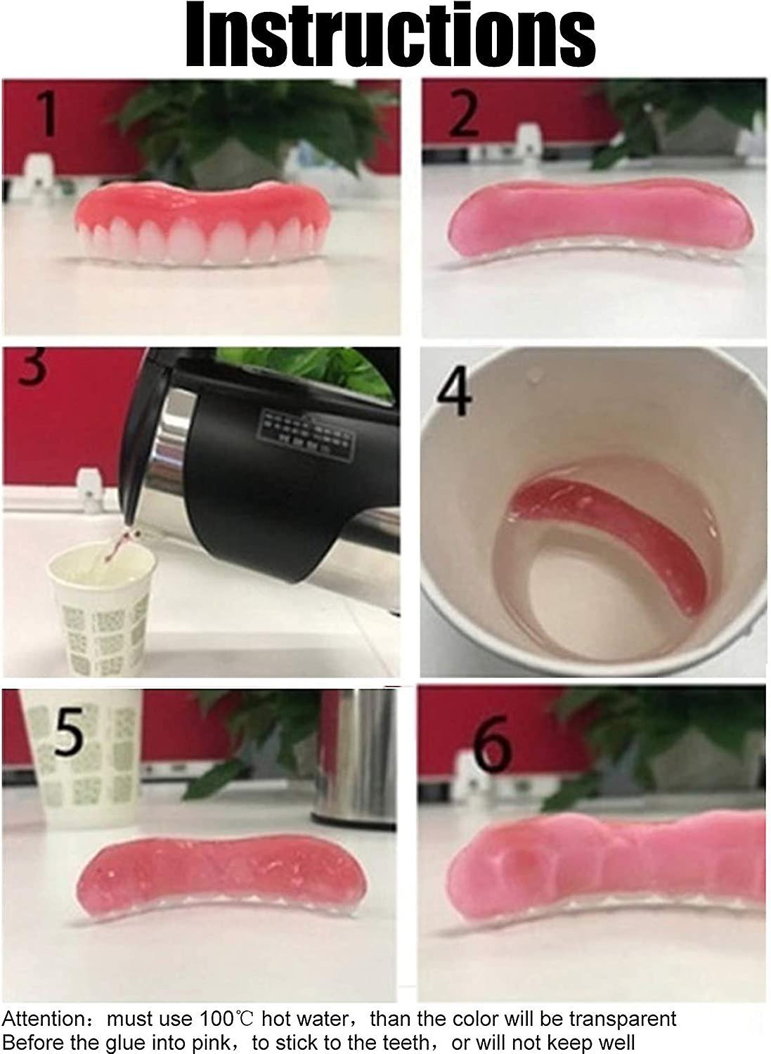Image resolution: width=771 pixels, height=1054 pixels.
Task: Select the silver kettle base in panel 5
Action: click(351, 759)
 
